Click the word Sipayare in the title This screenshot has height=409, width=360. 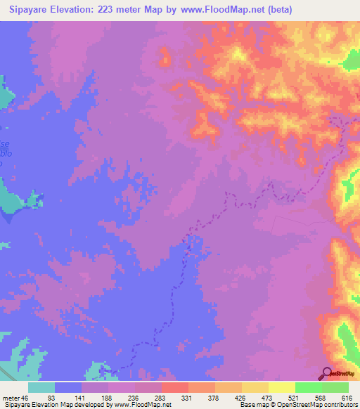click(x=32, y=9)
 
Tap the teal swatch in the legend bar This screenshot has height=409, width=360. click(x=41, y=387)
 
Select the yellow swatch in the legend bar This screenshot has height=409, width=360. click(x=281, y=387)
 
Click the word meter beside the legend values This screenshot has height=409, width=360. click(x=12, y=398)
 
